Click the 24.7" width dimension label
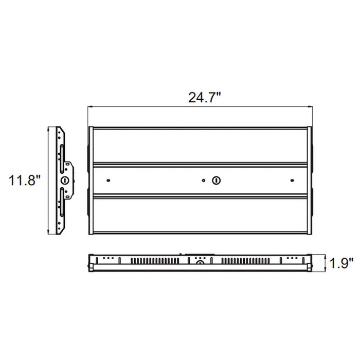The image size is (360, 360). click(x=204, y=98)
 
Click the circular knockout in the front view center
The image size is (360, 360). click(x=217, y=181)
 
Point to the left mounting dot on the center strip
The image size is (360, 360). click(x=109, y=181)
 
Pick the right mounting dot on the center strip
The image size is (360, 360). click(x=292, y=181)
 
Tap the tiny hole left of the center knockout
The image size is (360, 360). click(x=204, y=181)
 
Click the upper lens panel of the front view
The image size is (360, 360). click(x=201, y=146)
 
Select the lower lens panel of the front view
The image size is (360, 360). click(x=201, y=215)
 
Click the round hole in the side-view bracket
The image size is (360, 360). click(x=65, y=180)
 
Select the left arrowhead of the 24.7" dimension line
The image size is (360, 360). click(x=90, y=106)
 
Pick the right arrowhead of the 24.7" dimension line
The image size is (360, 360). click(x=312, y=106)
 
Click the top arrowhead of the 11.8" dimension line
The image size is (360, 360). click(x=48, y=129)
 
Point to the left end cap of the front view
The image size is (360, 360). click(x=91, y=180)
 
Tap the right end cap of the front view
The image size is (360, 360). click(x=311, y=180)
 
